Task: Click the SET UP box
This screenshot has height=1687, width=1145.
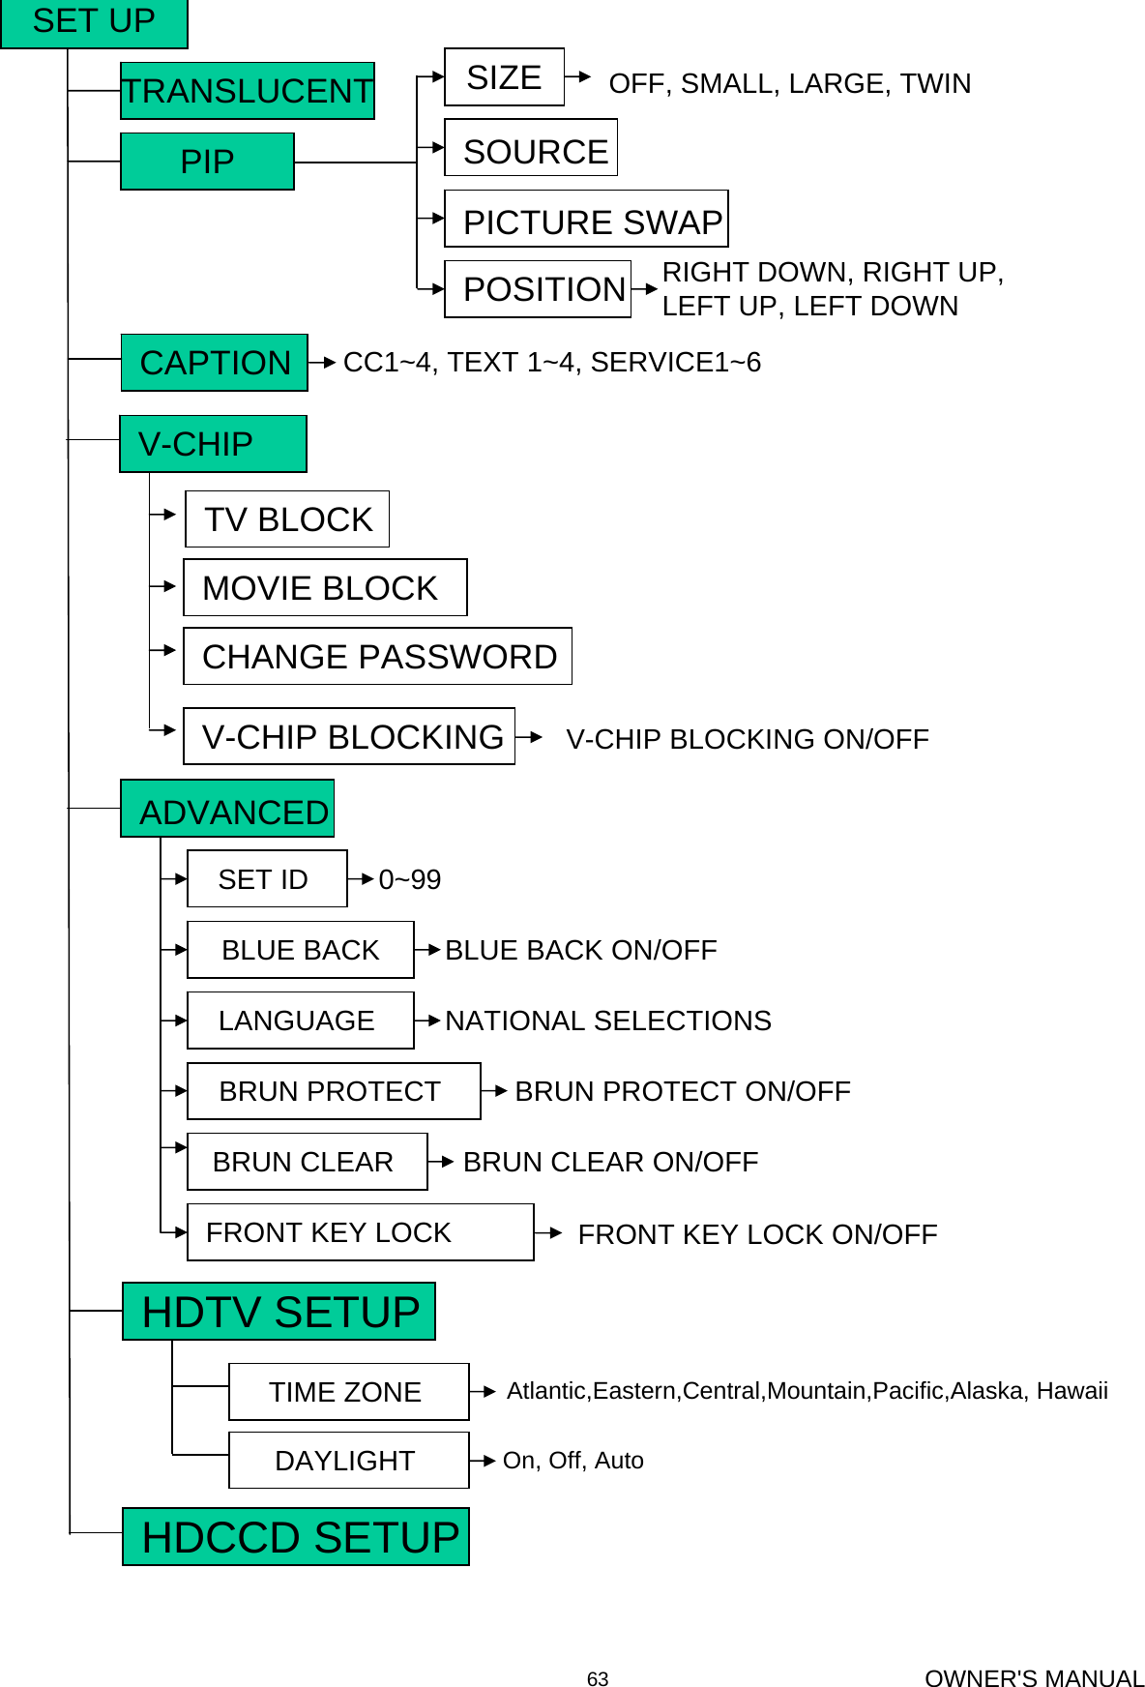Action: click(x=94, y=22)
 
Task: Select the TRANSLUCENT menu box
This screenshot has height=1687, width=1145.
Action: click(x=247, y=91)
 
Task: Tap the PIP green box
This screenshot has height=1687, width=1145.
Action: click(x=207, y=162)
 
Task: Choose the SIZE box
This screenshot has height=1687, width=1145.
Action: click(x=504, y=77)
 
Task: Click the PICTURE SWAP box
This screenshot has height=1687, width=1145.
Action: click(x=586, y=220)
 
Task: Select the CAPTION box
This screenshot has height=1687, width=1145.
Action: click(x=215, y=363)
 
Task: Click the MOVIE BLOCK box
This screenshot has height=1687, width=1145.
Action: click(x=325, y=588)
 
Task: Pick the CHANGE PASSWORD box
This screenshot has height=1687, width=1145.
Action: click(x=377, y=657)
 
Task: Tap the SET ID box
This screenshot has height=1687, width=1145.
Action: click(x=267, y=879)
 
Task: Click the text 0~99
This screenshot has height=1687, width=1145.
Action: click(x=409, y=880)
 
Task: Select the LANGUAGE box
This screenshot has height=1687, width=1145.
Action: click(x=300, y=1021)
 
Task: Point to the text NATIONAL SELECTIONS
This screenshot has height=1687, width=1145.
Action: click(x=608, y=1021)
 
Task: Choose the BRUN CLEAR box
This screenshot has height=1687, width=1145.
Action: click(x=307, y=1162)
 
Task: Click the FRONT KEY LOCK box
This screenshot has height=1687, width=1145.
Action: click(x=360, y=1232)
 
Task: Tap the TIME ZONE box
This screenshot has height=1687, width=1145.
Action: click(x=348, y=1392)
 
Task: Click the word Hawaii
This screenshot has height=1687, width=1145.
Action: click(x=1072, y=1391)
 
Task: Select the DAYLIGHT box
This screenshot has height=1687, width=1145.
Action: click(x=348, y=1461)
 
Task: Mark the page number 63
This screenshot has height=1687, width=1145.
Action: click(x=598, y=1679)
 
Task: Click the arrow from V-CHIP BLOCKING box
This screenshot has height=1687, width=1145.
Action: click(x=529, y=737)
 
